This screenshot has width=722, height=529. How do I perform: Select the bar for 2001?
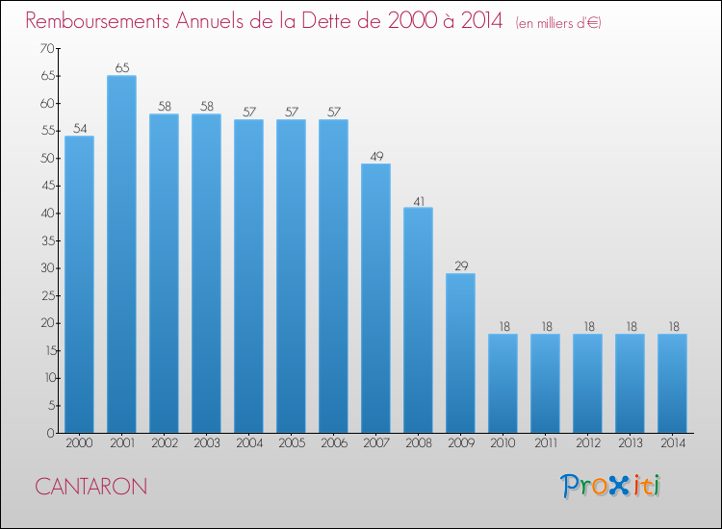click(x=121, y=254)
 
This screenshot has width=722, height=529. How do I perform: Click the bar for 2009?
click(x=460, y=353)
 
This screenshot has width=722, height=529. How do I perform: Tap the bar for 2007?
click(x=375, y=298)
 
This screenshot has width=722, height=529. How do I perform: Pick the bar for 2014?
click(x=672, y=383)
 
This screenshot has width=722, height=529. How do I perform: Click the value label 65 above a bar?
click(x=122, y=68)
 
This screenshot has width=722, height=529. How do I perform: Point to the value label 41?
click(x=419, y=201)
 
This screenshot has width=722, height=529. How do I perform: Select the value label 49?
click(x=376, y=157)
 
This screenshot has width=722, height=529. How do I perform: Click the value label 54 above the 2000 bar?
click(x=80, y=128)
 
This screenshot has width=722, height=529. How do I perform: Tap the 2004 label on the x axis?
click(x=249, y=442)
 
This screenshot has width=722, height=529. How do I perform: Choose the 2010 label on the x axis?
click(x=503, y=442)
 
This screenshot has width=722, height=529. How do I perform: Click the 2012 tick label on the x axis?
click(x=588, y=442)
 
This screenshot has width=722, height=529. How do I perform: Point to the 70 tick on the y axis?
click(x=47, y=48)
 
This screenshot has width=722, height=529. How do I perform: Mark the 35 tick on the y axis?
click(x=48, y=240)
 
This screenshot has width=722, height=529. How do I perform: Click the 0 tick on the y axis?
click(x=50, y=433)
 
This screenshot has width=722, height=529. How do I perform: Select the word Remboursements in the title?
click(x=97, y=20)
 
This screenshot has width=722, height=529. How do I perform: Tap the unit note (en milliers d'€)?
click(x=558, y=22)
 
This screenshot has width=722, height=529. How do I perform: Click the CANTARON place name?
click(x=91, y=487)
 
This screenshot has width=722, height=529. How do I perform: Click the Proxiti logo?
click(x=610, y=486)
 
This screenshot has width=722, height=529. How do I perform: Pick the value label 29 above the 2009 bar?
click(x=461, y=265)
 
